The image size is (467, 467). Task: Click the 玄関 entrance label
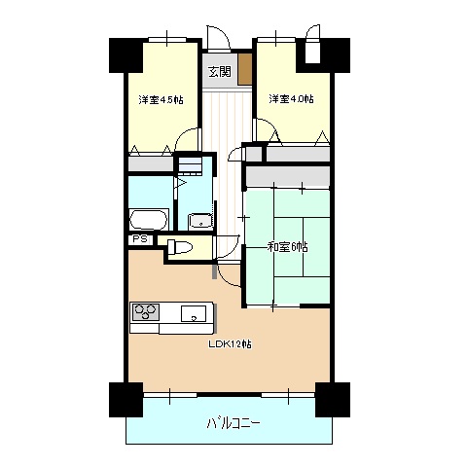(220, 72)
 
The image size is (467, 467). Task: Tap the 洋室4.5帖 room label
(162, 99)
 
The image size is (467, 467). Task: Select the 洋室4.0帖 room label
(291, 98)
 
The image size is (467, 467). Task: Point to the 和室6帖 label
(287, 247)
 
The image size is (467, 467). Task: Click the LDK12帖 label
(230, 343)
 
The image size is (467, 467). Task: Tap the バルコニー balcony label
(233, 423)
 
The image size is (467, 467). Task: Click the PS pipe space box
(140, 239)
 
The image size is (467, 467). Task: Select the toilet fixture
(180, 247)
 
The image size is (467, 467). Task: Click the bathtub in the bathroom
(149, 220)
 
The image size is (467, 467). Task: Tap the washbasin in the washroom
(201, 221)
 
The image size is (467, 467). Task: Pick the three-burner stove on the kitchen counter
(145, 312)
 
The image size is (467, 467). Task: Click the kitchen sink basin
(194, 313)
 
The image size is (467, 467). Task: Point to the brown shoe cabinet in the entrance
(245, 69)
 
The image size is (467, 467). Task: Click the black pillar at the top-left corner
(126, 55)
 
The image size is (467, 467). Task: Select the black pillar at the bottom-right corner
(333, 400)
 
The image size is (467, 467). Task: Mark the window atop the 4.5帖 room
(167, 39)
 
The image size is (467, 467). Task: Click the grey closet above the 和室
(288, 177)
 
